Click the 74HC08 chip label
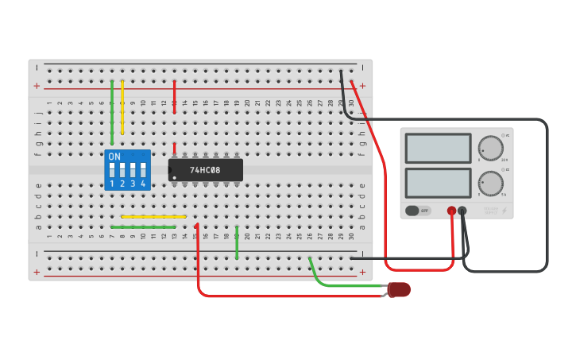pos(205,170)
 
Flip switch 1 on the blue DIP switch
pos(112,170)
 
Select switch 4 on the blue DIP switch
pos(143,170)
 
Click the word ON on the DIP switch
pos(114,157)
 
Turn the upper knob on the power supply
pos(491,148)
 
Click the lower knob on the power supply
pos(491,183)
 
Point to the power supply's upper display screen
pos(438,148)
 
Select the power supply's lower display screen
pos(438,183)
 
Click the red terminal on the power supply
pos(451,211)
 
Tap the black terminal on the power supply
pos(462,211)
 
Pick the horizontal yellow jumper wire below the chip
pos(153,216)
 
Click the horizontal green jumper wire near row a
pos(143,226)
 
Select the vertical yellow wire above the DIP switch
pos(122,107)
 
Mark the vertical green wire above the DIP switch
pos(112,111)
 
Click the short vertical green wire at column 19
pos(237,242)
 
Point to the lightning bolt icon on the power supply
pos(503,211)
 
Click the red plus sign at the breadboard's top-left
pos(37,86)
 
